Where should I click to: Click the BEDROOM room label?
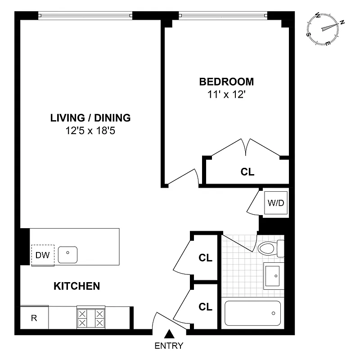pyautogui.click(x=226, y=82)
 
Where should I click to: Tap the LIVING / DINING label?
pyautogui.click(x=90, y=118)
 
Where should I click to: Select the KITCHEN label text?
pyautogui.click(x=77, y=286)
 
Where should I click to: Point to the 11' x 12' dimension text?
pyautogui.click(x=226, y=95)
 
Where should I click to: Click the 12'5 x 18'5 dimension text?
pyautogui.click(x=90, y=131)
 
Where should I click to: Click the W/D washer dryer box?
pyautogui.click(x=276, y=202)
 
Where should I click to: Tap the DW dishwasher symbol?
pyautogui.click(x=43, y=256)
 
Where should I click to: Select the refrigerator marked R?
pyautogui.click(x=34, y=318)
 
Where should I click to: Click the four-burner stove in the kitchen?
pyautogui.click(x=91, y=318)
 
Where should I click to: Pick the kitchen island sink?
pyautogui.click(x=67, y=254)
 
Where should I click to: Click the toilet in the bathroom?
pyautogui.click(x=271, y=248)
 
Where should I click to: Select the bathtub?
pyautogui.click(x=252, y=313)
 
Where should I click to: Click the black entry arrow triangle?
pyautogui.click(x=169, y=333)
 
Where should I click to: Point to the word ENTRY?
pyautogui.click(x=169, y=346)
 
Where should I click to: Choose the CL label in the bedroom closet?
pyautogui.click(x=247, y=172)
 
